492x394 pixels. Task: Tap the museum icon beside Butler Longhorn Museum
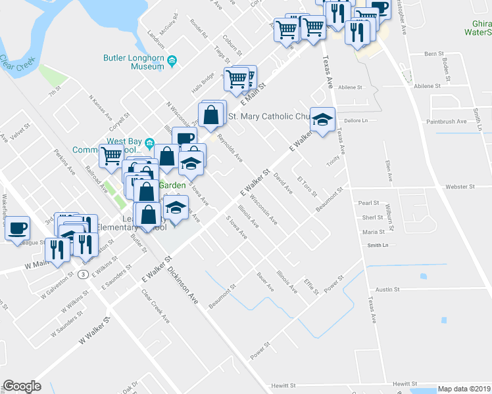pyautogui.click(x=172, y=61)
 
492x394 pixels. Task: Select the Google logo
pyautogui.click(x=22, y=386)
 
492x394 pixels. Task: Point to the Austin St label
pyautogui.click(x=387, y=289)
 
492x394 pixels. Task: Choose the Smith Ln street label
pyautogui.click(x=378, y=245)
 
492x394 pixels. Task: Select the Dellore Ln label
pyautogui.click(x=355, y=121)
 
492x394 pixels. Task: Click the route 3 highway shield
pyautogui.click(x=83, y=274)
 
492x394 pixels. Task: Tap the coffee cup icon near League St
pyautogui.click(x=18, y=228)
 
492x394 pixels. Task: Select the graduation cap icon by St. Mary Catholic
pyautogui.click(x=322, y=119)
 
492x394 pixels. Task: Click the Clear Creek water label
pyautogui.click(x=12, y=63)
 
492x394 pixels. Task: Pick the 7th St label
pyautogui.click(x=54, y=92)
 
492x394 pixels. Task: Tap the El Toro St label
pyautogui.click(x=307, y=186)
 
